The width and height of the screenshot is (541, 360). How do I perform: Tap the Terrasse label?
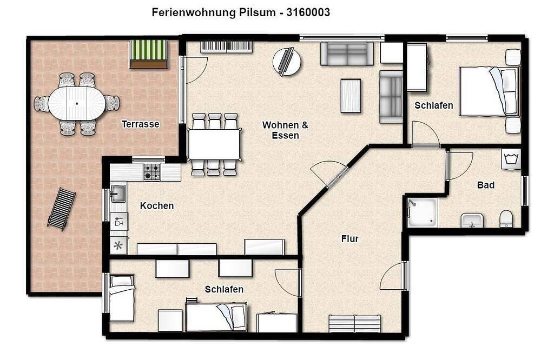tap(140, 124)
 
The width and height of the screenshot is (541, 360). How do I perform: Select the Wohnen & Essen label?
tap(285, 130)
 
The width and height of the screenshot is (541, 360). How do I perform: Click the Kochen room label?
tap(157, 206)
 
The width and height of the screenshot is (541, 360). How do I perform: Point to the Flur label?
tap(349, 238)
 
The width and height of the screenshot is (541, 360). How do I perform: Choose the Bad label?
tap(485, 185)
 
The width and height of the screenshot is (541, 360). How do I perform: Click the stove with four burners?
tap(152, 172)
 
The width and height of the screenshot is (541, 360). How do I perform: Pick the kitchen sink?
tap(118, 193)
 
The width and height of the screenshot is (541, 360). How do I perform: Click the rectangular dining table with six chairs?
tap(214, 144)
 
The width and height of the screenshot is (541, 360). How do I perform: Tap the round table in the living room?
tap(287, 62)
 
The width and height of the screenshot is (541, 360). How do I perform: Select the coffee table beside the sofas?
tap(351, 96)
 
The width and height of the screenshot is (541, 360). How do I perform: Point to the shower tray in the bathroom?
tap(423, 212)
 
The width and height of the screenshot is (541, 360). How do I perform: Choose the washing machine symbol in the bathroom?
tap(511, 159)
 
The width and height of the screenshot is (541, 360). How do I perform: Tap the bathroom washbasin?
tap(472, 222)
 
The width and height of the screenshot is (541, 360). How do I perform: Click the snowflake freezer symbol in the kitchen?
tap(118, 245)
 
